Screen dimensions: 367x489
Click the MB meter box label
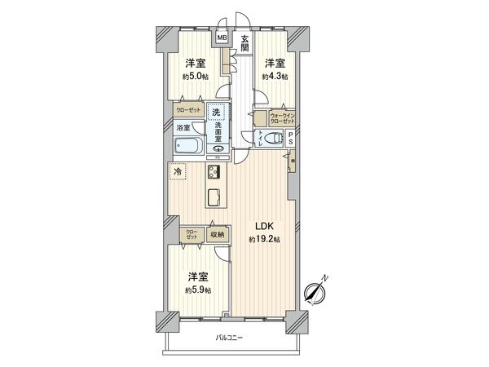point(221,36)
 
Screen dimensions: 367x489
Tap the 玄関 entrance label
point(244,42)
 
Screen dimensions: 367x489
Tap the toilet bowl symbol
point(266,137)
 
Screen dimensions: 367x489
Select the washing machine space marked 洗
point(217,113)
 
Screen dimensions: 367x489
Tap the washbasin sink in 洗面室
point(218,148)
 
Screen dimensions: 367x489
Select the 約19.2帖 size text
point(264,240)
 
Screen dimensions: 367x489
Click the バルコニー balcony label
point(231,338)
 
